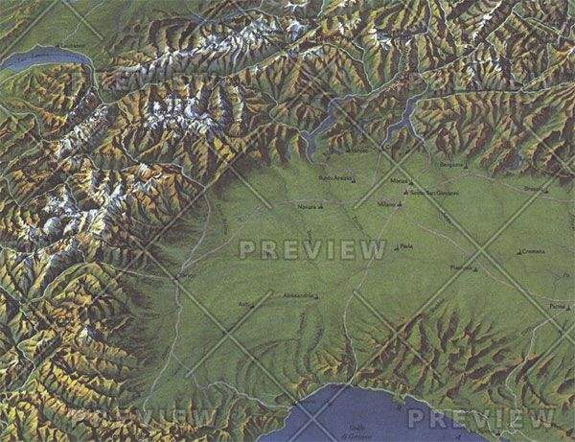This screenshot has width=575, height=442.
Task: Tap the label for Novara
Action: click(x=307, y=206)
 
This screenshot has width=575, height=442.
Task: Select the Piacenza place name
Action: click(x=462, y=268)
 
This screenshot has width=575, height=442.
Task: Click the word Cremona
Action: click(x=534, y=251)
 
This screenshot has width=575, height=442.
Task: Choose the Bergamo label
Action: click(x=450, y=165)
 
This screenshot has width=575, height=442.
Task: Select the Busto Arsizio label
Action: click(x=334, y=179)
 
